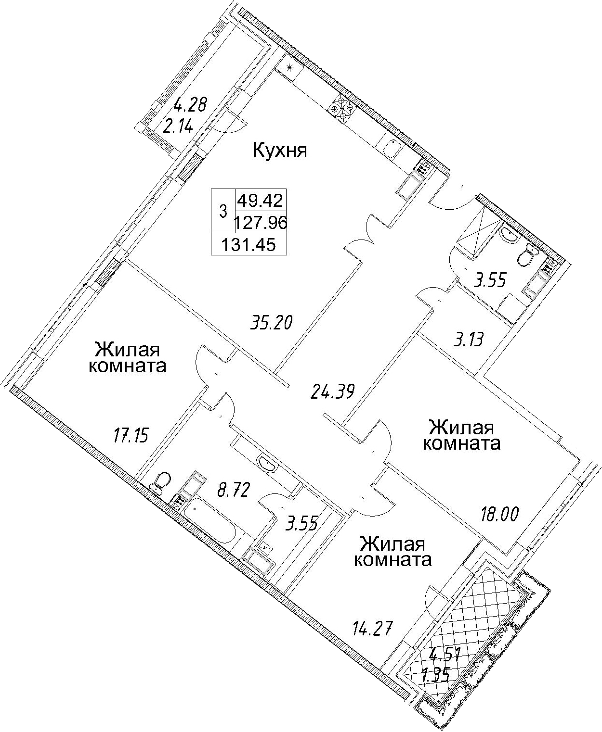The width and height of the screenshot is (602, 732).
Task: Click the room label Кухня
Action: point(280,151)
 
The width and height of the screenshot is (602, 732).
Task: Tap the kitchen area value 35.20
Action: point(272,322)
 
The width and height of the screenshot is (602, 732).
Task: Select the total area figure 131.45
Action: point(249,245)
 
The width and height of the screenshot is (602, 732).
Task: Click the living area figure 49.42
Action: point(261,200)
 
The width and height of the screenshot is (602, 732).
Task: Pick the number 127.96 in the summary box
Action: point(261,223)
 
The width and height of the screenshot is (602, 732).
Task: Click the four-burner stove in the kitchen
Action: point(344,109)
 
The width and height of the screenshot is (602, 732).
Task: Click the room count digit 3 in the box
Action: point(223,211)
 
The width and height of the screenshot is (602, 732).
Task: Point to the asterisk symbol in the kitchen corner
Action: point(289,68)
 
